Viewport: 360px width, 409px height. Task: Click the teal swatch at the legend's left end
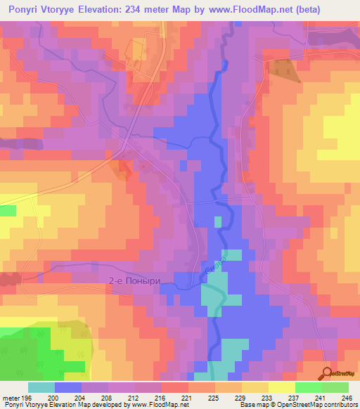tap(41, 387)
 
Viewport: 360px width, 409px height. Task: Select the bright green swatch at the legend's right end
tap(335, 387)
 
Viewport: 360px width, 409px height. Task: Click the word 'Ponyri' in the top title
tap(22, 10)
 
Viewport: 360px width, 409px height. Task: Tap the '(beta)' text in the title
tap(334, 10)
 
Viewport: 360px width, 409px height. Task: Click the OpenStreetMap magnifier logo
tap(326, 373)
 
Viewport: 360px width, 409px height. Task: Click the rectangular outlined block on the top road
tap(136, 49)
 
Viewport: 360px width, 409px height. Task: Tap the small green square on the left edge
tap(7, 210)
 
